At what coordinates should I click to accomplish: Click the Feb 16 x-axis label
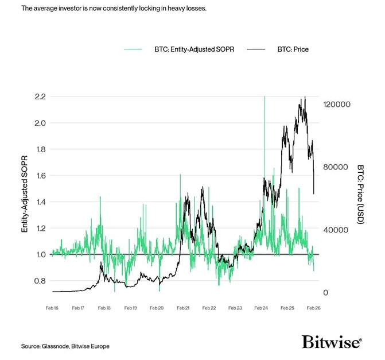52,308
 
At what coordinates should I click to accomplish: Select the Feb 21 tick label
183,308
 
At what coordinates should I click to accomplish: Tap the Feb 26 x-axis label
313,308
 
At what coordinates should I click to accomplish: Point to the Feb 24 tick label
261,308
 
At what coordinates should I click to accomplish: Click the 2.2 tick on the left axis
40,96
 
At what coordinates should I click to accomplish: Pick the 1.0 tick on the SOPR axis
40,254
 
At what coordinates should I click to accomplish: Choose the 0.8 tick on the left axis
40,281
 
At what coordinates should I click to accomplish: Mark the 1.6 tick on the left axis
40,176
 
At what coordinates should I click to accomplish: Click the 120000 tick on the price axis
337,104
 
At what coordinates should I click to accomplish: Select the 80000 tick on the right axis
335,167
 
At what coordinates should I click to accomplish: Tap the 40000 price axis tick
335,230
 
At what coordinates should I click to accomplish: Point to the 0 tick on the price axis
326,293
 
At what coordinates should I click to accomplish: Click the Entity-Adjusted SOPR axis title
25,196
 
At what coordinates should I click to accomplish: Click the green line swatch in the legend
133,49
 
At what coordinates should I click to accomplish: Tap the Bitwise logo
332,342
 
